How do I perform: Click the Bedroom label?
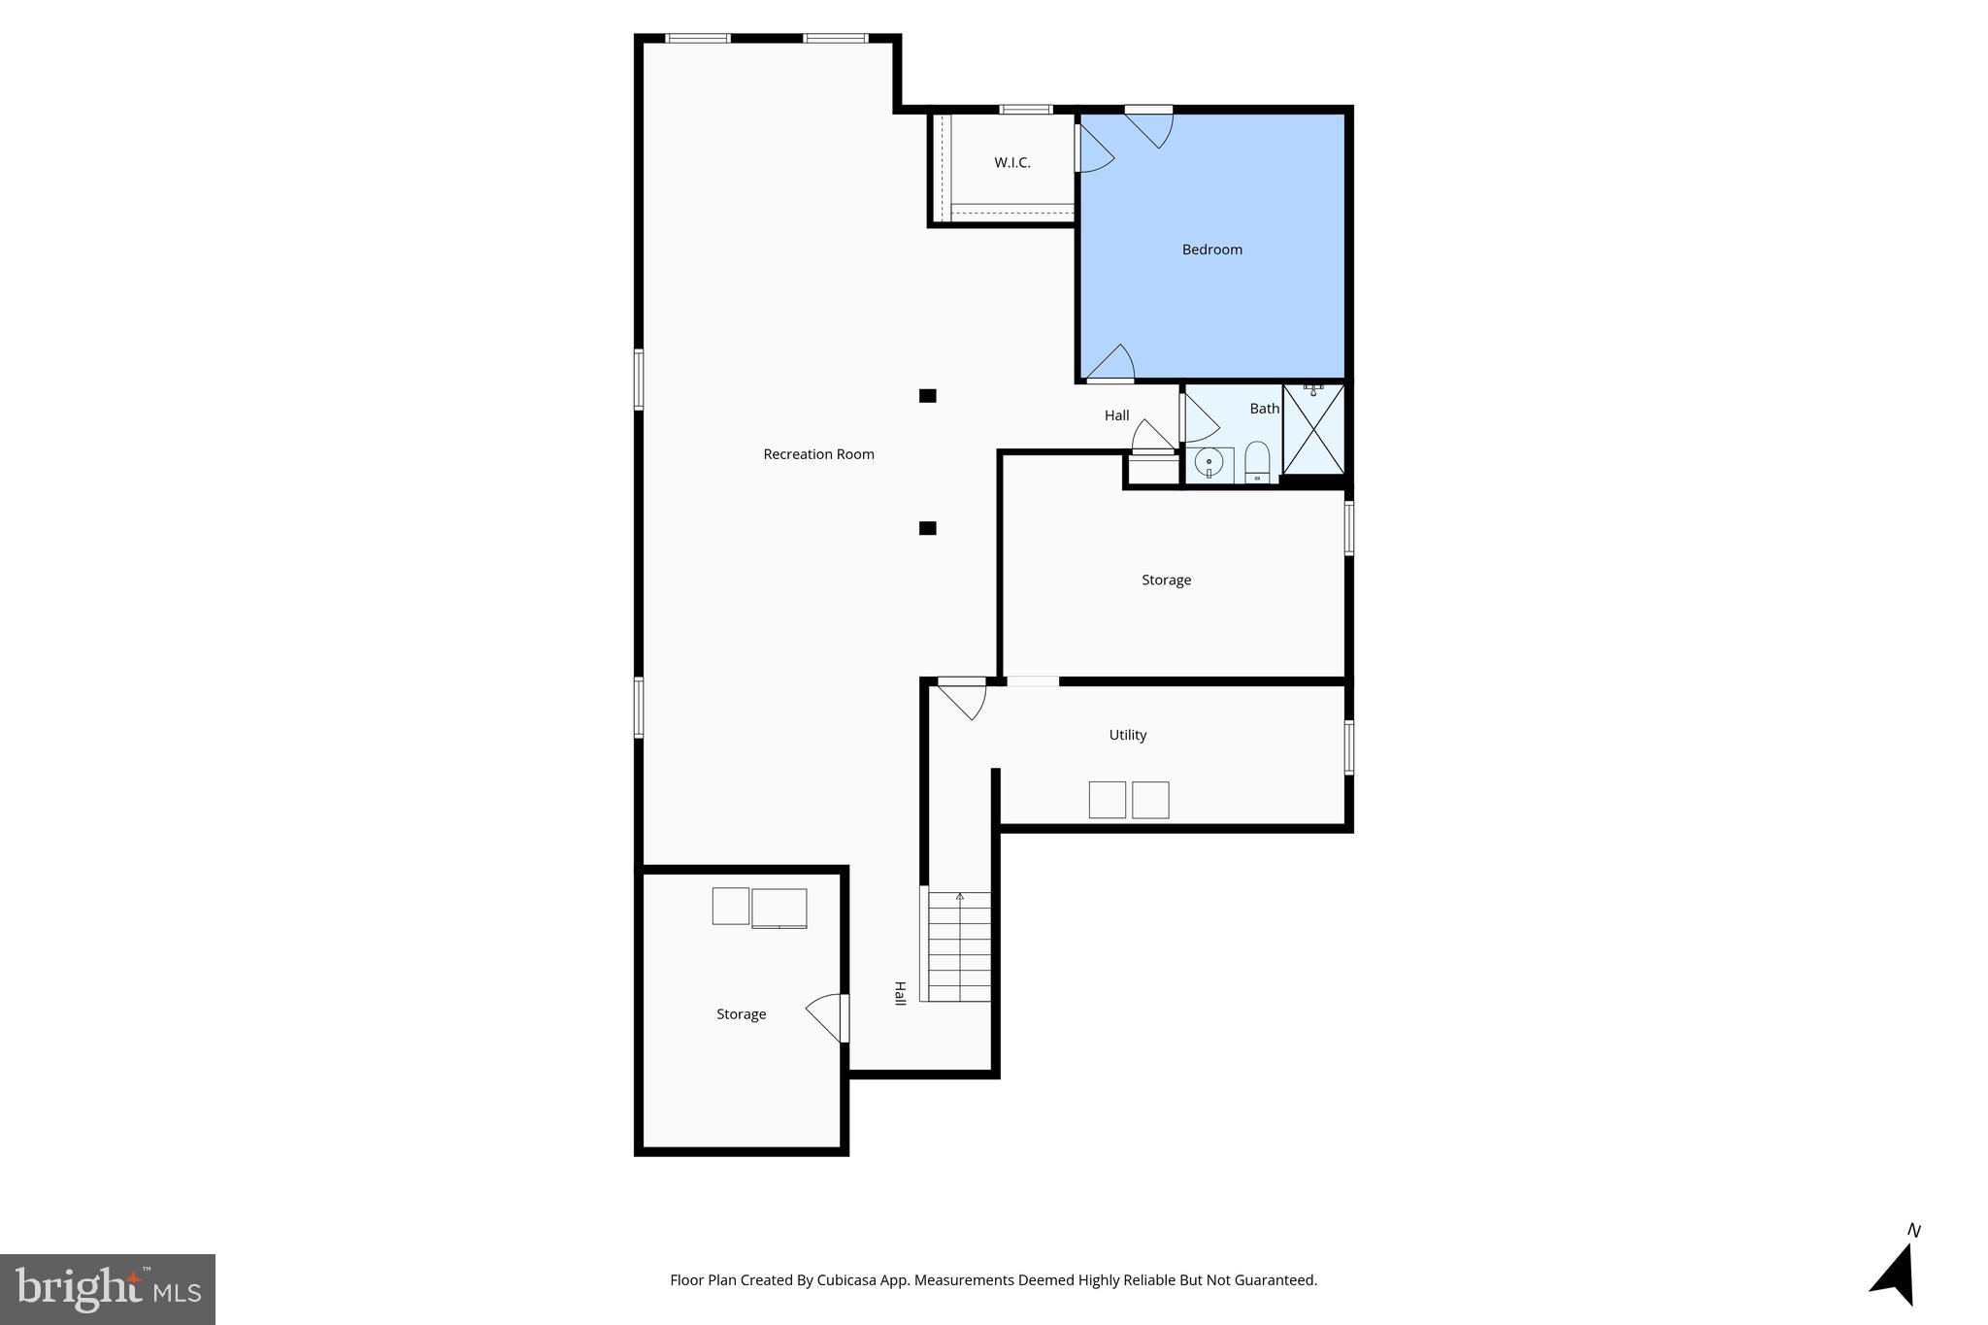click(1211, 249)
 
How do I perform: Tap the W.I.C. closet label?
click(1011, 163)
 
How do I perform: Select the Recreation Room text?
click(818, 454)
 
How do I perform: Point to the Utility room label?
click(1127, 735)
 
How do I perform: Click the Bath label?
click(1264, 409)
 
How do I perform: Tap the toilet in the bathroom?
click(1257, 462)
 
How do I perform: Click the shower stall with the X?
click(1313, 429)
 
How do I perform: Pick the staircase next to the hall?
click(959, 946)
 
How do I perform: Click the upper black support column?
click(927, 396)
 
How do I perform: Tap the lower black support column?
click(927, 528)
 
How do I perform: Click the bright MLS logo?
click(108, 1289)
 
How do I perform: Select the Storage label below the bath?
click(1166, 580)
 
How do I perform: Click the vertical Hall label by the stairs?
click(900, 993)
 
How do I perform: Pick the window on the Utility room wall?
click(1348, 747)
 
